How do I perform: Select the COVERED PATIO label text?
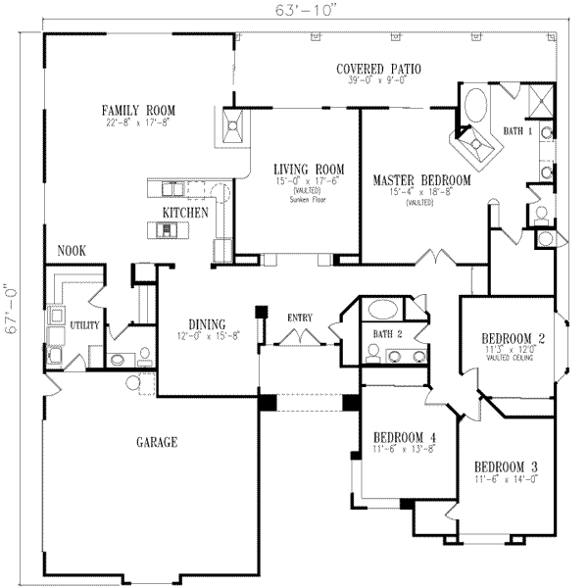coord(378,69)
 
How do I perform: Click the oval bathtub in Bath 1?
coord(478,104)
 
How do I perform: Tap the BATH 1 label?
coord(517,130)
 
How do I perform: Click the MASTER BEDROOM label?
coord(421,181)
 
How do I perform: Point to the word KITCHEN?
coord(185,212)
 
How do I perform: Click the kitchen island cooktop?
coord(168,231)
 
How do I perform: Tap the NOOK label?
coord(71,251)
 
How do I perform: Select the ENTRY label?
coord(300,317)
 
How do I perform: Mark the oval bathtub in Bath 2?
coord(383,311)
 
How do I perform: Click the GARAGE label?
coord(156,443)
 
